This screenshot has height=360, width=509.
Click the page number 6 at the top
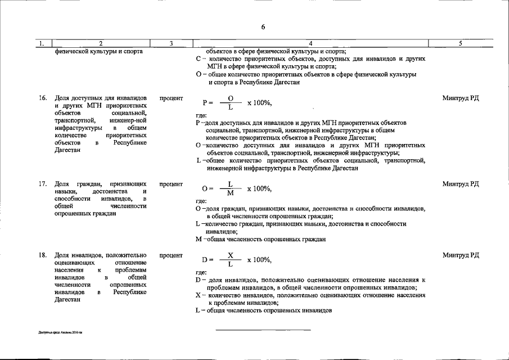263,27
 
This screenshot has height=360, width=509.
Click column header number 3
170,43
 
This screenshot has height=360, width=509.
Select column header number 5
460,43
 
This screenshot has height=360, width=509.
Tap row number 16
43,98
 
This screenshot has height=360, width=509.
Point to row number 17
43,184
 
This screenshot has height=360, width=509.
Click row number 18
43,255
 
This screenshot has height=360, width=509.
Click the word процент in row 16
171,98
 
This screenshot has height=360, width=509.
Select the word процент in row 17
171,184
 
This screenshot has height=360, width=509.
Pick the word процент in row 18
171,255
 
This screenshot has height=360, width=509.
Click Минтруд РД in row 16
461,98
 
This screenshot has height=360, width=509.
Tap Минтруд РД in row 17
461,184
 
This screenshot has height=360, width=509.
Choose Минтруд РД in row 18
461,255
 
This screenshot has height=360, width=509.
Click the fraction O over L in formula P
230,103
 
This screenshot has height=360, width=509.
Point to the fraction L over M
230,188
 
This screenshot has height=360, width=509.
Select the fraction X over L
230,260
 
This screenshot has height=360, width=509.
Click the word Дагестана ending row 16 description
68,150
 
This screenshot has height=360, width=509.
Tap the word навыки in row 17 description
66,191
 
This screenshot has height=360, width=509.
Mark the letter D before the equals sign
204,260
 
